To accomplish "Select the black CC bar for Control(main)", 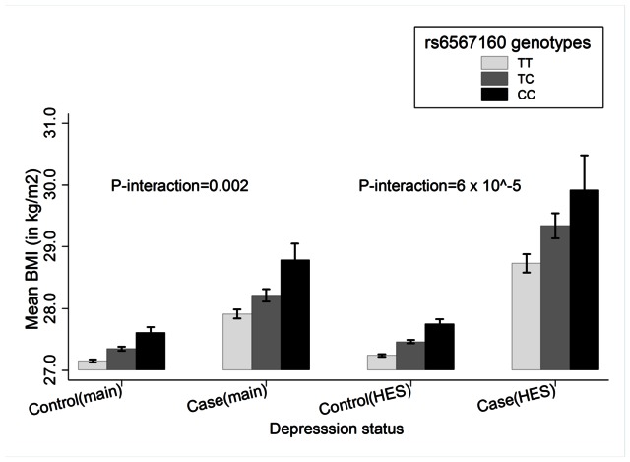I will (x=150, y=352).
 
